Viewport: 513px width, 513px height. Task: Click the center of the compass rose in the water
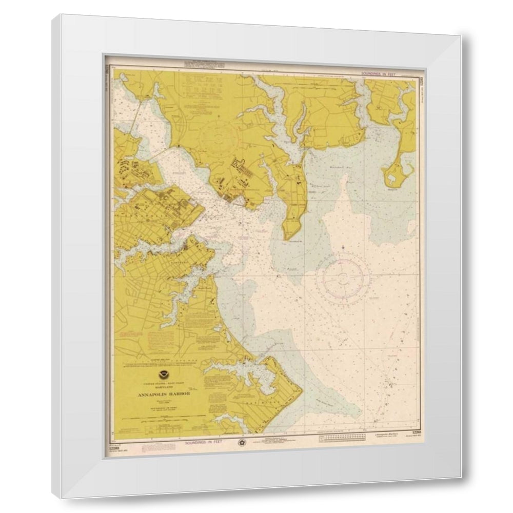click(343, 279)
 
